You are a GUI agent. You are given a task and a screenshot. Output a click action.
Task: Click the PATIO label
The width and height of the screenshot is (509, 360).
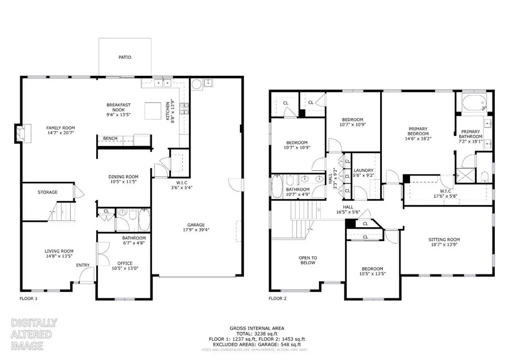[124, 57]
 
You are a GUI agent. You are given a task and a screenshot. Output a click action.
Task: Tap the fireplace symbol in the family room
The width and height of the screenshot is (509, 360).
[19, 132]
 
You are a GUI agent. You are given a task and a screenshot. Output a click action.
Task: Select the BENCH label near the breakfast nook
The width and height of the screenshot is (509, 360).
[110, 138]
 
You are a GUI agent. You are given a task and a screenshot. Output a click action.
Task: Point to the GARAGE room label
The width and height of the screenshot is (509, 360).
[196, 225]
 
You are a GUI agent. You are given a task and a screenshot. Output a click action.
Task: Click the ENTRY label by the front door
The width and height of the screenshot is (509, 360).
[83, 265]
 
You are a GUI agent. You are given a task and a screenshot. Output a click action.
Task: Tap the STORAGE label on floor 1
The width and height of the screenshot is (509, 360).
[48, 192]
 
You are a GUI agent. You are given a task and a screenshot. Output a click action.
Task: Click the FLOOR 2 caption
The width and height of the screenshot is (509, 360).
[278, 298]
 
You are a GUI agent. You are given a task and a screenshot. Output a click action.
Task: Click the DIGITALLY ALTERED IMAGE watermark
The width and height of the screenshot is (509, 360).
[34, 334]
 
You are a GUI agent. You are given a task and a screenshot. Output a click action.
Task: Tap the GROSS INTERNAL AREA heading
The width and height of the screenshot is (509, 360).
[256, 328]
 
